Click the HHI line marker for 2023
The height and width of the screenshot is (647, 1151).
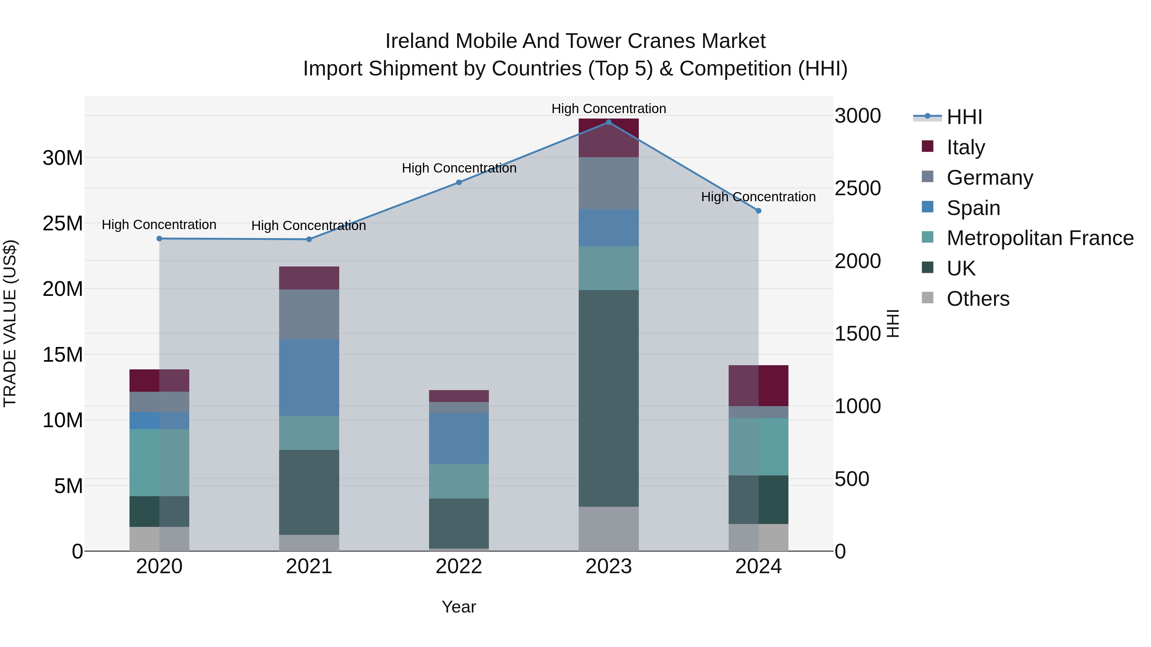(608, 122)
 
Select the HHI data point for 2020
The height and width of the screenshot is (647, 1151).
(159, 238)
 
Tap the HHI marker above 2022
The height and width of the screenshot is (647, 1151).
(458, 182)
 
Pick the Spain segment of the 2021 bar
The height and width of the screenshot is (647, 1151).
(309, 377)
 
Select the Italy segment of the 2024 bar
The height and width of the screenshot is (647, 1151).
(758, 385)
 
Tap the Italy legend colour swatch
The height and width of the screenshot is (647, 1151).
(928, 146)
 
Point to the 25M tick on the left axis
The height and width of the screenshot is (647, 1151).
(63, 223)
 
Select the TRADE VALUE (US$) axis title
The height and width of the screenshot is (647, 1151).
(10, 323)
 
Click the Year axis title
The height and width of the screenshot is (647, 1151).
(458, 607)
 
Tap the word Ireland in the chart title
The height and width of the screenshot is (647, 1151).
(417, 41)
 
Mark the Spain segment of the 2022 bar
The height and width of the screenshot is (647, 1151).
(458, 438)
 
